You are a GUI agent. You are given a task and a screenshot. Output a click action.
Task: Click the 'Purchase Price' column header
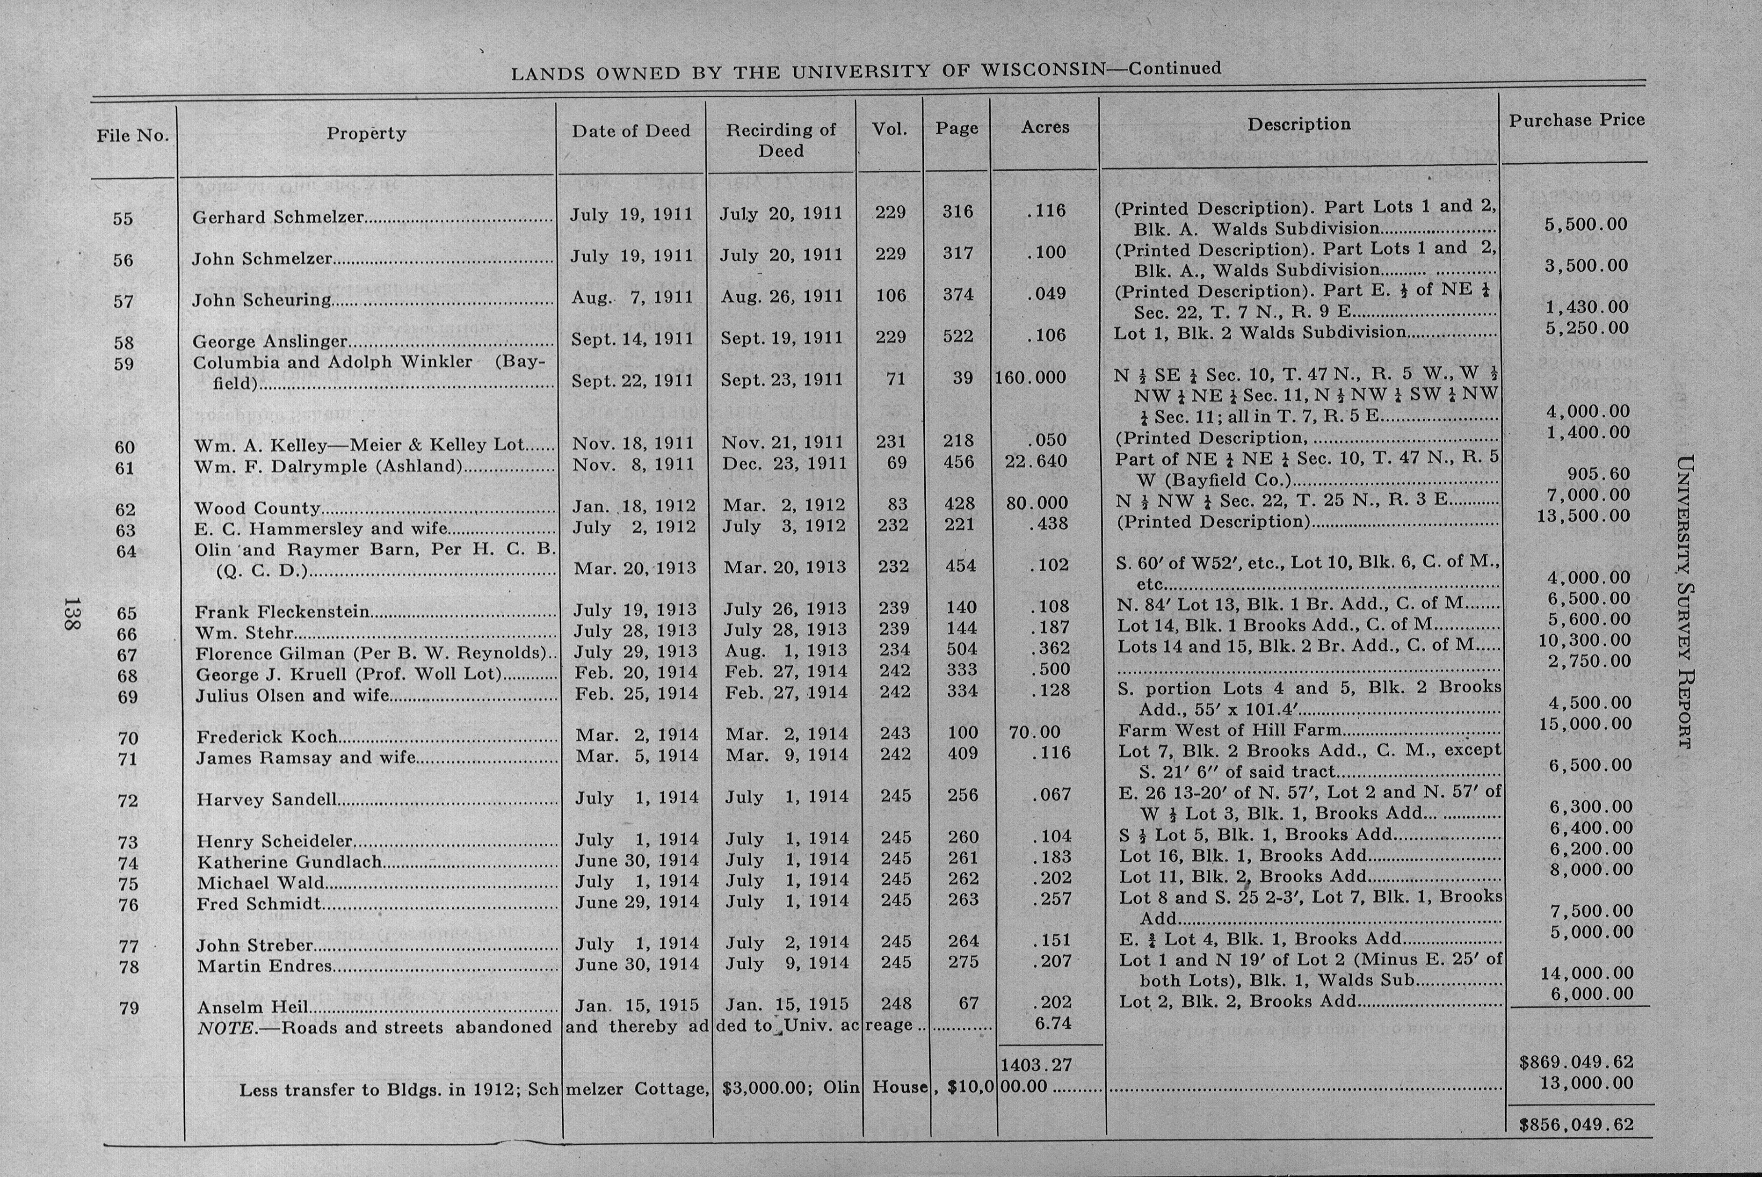(1577, 120)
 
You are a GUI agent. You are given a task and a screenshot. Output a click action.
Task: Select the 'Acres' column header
(1044, 128)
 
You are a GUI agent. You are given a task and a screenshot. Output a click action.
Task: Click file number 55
(123, 218)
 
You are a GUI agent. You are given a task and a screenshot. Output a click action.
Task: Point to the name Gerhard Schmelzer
(278, 217)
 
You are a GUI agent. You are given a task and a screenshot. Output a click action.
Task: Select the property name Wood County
(257, 508)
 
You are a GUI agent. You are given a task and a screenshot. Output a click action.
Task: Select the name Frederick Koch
(267, 737)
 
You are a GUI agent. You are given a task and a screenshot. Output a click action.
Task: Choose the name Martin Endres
(264, 966)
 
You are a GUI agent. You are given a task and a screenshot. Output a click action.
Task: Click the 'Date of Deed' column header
(631, 131)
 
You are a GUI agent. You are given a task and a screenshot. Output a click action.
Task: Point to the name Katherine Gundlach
(289, 862)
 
